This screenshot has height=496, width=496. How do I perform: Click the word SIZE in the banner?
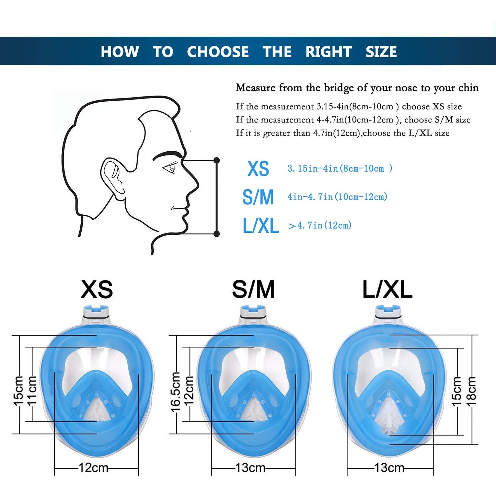(x=381, y=51)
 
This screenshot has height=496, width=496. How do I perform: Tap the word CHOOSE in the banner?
(x=218, y=51)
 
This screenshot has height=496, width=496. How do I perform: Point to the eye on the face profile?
(x=170, y=168)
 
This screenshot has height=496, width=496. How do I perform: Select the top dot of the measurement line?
(x=217, y=160)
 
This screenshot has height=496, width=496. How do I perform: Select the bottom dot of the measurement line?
(x=217, y=234)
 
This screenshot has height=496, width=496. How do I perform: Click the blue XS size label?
(x=258, y=169)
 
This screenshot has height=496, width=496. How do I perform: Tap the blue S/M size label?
(x=258, y=197)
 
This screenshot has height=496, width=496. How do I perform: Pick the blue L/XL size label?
(x=261, y=226)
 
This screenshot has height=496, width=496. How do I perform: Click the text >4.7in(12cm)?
(x=320, y=226)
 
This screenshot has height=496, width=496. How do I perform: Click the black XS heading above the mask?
(x=97, y=289)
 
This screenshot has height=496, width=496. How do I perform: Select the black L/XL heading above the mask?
(x=388, y=289)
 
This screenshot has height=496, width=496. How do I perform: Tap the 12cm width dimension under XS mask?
(x=93, y=467)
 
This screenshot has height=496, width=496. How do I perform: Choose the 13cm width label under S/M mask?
(x=250, y=467)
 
